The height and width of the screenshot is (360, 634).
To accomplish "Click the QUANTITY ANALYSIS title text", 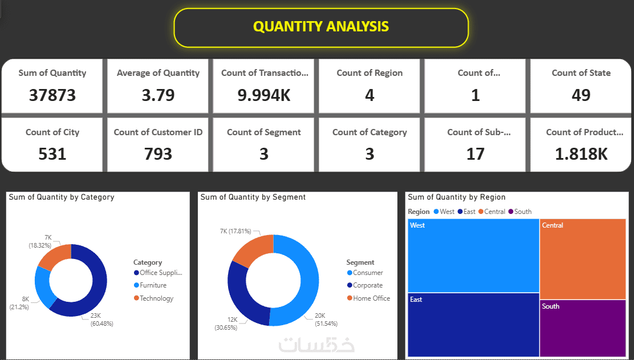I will [x=321, y=26].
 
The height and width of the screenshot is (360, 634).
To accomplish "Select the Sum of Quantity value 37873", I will [x=52, y=95].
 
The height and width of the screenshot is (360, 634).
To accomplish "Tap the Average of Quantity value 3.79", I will [x=158, y=95].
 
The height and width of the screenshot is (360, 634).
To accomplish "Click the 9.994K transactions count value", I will [x=264, y=95].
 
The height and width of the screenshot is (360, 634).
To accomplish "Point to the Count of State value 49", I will [x=581, y=95].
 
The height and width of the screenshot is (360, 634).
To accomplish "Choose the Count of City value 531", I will [x=52, y=153].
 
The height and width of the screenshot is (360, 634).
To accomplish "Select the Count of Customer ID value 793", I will [x=158, y=153].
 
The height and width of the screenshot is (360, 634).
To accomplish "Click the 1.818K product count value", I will [x=581, y=153].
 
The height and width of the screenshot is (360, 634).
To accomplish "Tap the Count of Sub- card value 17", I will [x=475, y=153].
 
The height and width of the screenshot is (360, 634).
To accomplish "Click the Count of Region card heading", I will [x=369, y=73].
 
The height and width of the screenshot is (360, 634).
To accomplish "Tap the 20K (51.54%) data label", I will [x=326, y=319].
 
